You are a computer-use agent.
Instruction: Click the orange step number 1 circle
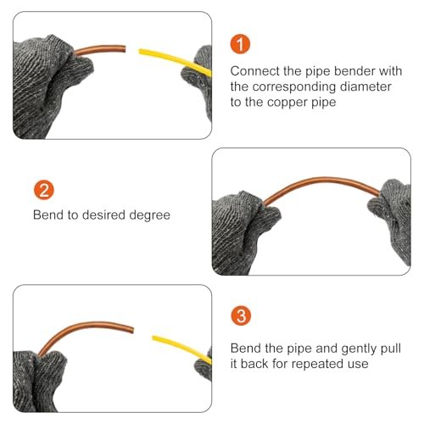[240, 44]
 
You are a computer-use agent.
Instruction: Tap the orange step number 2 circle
[44, 190]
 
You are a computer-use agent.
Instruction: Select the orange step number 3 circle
[241, 315]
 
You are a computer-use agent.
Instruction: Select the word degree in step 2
[150, 215]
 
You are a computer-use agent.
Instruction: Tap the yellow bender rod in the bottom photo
[182, 348]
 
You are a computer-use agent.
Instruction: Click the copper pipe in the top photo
[100, 48]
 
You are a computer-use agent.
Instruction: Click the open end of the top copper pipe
[124, 48]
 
